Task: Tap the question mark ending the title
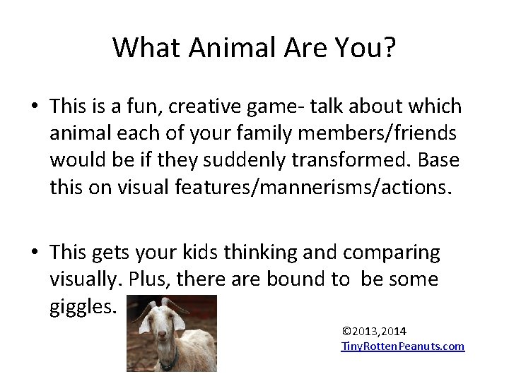[390, 47]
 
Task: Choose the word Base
[438, 160]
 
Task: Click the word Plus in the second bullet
[145, 279]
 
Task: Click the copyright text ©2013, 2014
[373, 331]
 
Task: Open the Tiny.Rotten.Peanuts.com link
[403, 346]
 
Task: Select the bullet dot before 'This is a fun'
[34, 107]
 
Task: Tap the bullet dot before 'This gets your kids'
[34, 253]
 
